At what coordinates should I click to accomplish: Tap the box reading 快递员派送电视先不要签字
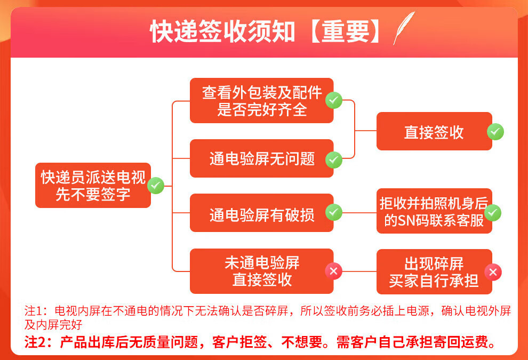93,185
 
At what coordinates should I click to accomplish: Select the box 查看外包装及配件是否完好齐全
261,100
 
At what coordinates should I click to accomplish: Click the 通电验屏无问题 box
261,158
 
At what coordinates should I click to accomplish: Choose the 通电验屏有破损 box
261,213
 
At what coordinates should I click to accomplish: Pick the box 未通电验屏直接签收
261,271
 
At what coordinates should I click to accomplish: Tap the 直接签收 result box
434,131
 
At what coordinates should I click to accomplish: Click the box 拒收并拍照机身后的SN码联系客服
434,211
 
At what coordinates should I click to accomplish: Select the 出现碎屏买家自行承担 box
434,271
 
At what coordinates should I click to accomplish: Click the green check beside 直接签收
495,132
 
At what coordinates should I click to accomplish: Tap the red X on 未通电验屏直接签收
334,271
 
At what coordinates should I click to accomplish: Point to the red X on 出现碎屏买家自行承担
493,273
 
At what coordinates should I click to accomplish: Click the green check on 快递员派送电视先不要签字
155,186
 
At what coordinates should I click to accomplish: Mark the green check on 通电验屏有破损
334,212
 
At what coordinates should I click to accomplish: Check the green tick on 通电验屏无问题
334,158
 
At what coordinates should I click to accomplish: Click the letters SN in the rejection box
407,220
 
